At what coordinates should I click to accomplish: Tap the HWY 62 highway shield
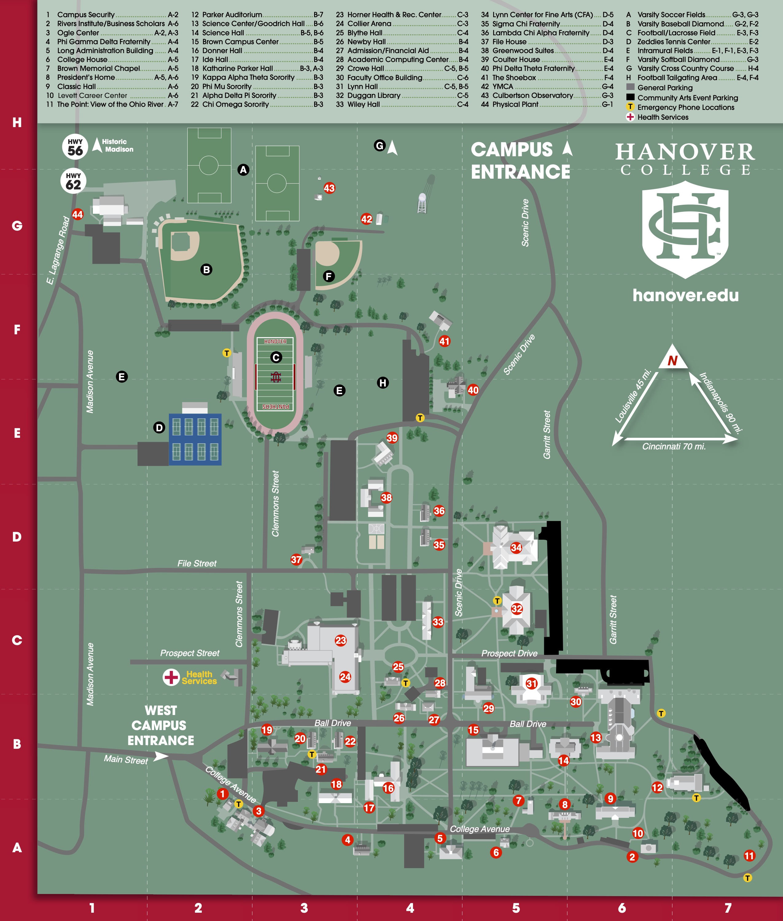tap(73, 181)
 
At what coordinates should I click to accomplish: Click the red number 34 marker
tap(516, 548)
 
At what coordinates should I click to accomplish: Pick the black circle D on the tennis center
tap(159, 427)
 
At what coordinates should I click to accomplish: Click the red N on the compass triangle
tap(672, 360)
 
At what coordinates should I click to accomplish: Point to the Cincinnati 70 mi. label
tap(673, 446)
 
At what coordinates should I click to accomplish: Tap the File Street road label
tap(197, 563)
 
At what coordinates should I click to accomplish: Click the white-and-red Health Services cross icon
tap(171, 677)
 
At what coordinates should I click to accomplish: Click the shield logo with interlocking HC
tap(685, 229)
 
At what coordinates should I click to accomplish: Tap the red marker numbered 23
tap(341, 640)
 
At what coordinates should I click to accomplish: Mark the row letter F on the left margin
tap(17, 329)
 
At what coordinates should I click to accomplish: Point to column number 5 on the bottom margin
tap(516, 908)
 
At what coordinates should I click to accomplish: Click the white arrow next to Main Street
tap(160, 756)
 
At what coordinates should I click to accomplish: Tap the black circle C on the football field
tap(276, 357)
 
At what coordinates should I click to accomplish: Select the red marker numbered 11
tap(749, 856)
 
